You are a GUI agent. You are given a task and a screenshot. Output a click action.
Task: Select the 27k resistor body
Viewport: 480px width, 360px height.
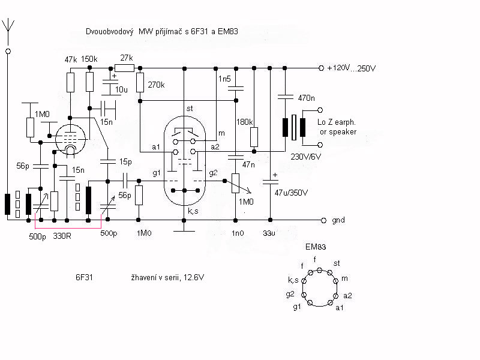[x=124, y=68]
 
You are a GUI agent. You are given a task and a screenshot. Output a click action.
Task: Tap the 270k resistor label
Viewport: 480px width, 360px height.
[x=156, y=85]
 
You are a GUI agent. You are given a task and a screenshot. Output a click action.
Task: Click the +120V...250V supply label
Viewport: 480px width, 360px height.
[x=352, y=68]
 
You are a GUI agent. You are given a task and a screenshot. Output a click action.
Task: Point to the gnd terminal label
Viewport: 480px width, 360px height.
[x=338, y=220]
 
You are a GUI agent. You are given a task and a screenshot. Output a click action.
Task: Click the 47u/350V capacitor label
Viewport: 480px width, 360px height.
[x=291, y=193]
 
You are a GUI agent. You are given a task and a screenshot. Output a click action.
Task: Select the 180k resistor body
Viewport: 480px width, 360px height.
[x=254, y=137]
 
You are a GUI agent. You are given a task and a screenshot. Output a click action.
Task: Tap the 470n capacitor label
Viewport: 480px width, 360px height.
[x=306, y=98]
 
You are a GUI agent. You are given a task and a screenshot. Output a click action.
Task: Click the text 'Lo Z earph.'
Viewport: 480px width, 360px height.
[x=337, y=122]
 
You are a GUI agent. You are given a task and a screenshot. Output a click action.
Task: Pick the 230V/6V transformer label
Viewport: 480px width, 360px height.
[x=305, y=157]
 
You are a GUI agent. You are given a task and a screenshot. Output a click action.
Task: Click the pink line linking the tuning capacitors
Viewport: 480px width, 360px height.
[x=68, y=228]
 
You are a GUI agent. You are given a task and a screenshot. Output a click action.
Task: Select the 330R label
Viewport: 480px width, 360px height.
[x=62, y=236]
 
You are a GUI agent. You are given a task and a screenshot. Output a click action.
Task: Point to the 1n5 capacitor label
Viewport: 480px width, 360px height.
[x=224, y=79]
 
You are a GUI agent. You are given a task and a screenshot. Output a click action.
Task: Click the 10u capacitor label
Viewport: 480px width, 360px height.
[x=121, y=89]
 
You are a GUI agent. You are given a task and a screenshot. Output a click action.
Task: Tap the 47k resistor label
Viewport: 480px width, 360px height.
[x=71, y=59]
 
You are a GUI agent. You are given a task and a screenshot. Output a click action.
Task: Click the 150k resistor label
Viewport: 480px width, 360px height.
[x=89, y=59]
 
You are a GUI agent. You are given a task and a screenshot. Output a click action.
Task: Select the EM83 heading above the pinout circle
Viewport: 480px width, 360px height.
[x=316, y=247]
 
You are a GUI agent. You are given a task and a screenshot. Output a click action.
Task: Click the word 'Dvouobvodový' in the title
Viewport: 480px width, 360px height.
[x=110, y=32]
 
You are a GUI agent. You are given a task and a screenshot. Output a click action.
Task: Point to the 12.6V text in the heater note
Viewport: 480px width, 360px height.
[x=194, y=278]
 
